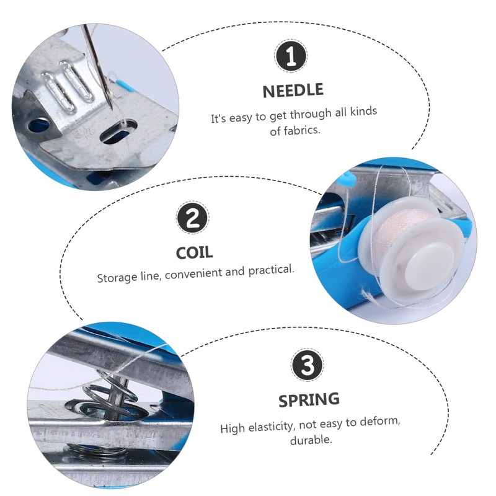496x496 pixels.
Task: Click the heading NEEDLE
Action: click(x=293, y=91)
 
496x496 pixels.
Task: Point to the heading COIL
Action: click(x=193, y=252)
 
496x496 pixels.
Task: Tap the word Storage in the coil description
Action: click(x=115, y=277)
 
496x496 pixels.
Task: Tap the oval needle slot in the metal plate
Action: click(x=115, y=135)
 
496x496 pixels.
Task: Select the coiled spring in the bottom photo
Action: click(x=111, y=397)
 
